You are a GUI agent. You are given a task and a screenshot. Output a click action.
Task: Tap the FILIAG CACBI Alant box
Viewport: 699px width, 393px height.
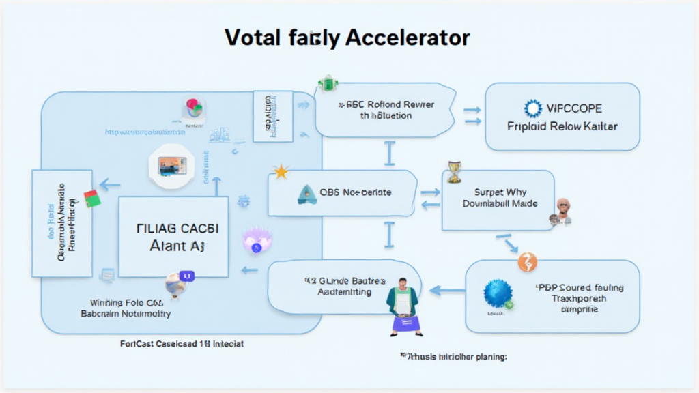coord(173,237)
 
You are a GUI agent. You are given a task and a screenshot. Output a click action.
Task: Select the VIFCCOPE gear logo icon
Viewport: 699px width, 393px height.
coord(532,108)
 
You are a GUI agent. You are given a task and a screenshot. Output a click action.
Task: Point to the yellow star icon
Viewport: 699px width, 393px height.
coord(280,171)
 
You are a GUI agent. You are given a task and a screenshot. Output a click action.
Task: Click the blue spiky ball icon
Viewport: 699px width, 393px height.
coord(498,293)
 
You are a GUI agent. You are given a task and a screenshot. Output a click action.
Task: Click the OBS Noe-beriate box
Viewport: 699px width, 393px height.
coord(343,193)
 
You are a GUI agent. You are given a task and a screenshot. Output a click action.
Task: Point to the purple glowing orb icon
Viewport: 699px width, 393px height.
coord(257,240)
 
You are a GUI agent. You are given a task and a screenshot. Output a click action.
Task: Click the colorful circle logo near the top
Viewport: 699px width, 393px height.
coord(194,109)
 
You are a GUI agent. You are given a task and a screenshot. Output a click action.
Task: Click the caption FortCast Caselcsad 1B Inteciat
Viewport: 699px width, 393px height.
coord(181,344)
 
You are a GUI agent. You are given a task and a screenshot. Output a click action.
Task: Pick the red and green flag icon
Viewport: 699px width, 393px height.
coord(91,199)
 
